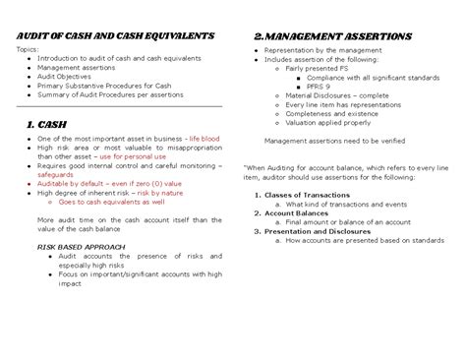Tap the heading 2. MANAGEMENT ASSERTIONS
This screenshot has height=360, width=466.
[x=332, y=36]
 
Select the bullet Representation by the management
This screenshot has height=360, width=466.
[x=318, y=49]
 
